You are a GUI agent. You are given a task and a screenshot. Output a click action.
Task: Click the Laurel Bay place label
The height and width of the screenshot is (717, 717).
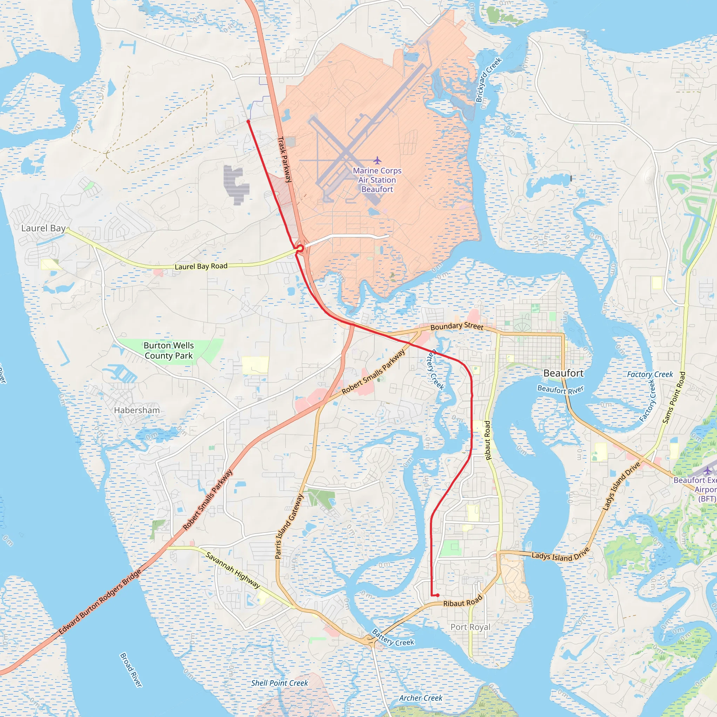(x=43, y=228)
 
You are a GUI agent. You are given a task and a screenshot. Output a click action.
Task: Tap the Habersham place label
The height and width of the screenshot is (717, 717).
(x=137, y=410)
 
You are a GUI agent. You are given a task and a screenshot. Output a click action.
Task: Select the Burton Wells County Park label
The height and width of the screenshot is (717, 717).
(x=168, y=350)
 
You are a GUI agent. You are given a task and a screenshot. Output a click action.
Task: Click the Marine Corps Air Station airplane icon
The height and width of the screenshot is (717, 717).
(x=377, y=160)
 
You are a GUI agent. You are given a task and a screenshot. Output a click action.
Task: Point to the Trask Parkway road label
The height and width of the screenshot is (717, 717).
(x=285, y=160)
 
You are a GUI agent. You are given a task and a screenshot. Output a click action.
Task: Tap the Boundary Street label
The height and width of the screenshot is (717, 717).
(x=457, y=326)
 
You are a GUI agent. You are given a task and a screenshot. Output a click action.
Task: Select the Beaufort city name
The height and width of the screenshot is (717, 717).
(x=563, y=373)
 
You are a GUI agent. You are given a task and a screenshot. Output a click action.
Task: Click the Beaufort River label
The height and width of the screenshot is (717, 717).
(x=561, y=389)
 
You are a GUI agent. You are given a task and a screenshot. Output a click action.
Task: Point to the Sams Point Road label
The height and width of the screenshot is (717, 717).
(x=674, y=397)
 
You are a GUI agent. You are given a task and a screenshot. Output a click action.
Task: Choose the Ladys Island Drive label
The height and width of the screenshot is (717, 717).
(x=561, y=556)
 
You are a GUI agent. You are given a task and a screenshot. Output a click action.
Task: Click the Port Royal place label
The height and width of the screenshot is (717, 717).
(x=470, y=627)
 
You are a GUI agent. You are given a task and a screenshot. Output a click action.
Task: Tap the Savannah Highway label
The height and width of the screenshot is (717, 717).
(x=233, y=570)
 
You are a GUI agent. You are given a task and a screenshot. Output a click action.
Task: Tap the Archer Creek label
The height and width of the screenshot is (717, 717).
(x=420, y=698)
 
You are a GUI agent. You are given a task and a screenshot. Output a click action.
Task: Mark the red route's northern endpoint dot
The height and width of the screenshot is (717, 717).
(x=248, y=121)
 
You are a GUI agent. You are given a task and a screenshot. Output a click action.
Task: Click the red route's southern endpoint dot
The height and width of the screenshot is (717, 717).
(x=438, y=595)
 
